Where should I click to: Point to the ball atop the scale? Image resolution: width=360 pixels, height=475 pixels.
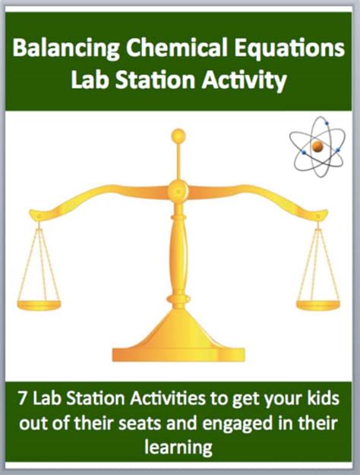pos(178,137)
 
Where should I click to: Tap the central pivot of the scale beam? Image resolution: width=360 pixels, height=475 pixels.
pos(178,188)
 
